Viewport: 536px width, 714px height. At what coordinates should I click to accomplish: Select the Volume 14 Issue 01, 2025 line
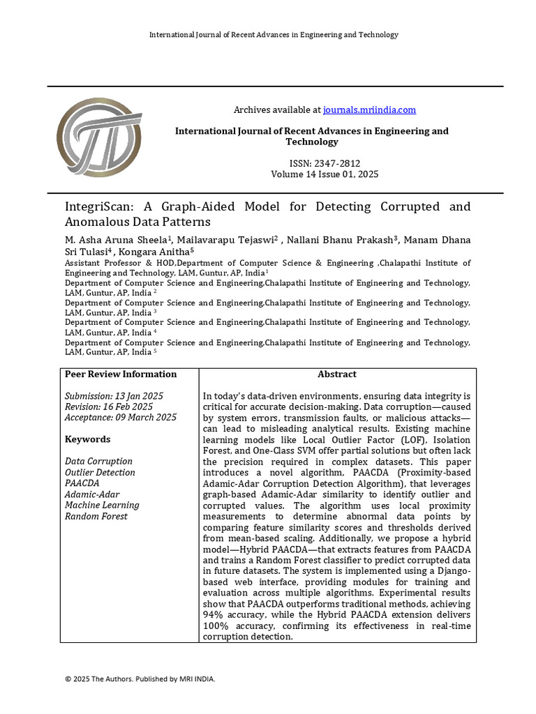pos(325,174)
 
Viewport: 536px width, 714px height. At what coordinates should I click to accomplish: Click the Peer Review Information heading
pos(121,374)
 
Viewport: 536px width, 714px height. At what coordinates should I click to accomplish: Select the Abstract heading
pos(336,374)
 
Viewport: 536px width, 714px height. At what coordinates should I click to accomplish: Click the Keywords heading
pos(87,439)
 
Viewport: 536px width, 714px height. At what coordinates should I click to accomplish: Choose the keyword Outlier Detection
pos(100,472)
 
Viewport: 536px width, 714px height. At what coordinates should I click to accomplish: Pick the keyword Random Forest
pos(96,516)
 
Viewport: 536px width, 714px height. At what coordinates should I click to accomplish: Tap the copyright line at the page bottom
pos(140,678)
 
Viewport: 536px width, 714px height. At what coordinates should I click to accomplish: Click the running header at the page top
pos(274,35)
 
